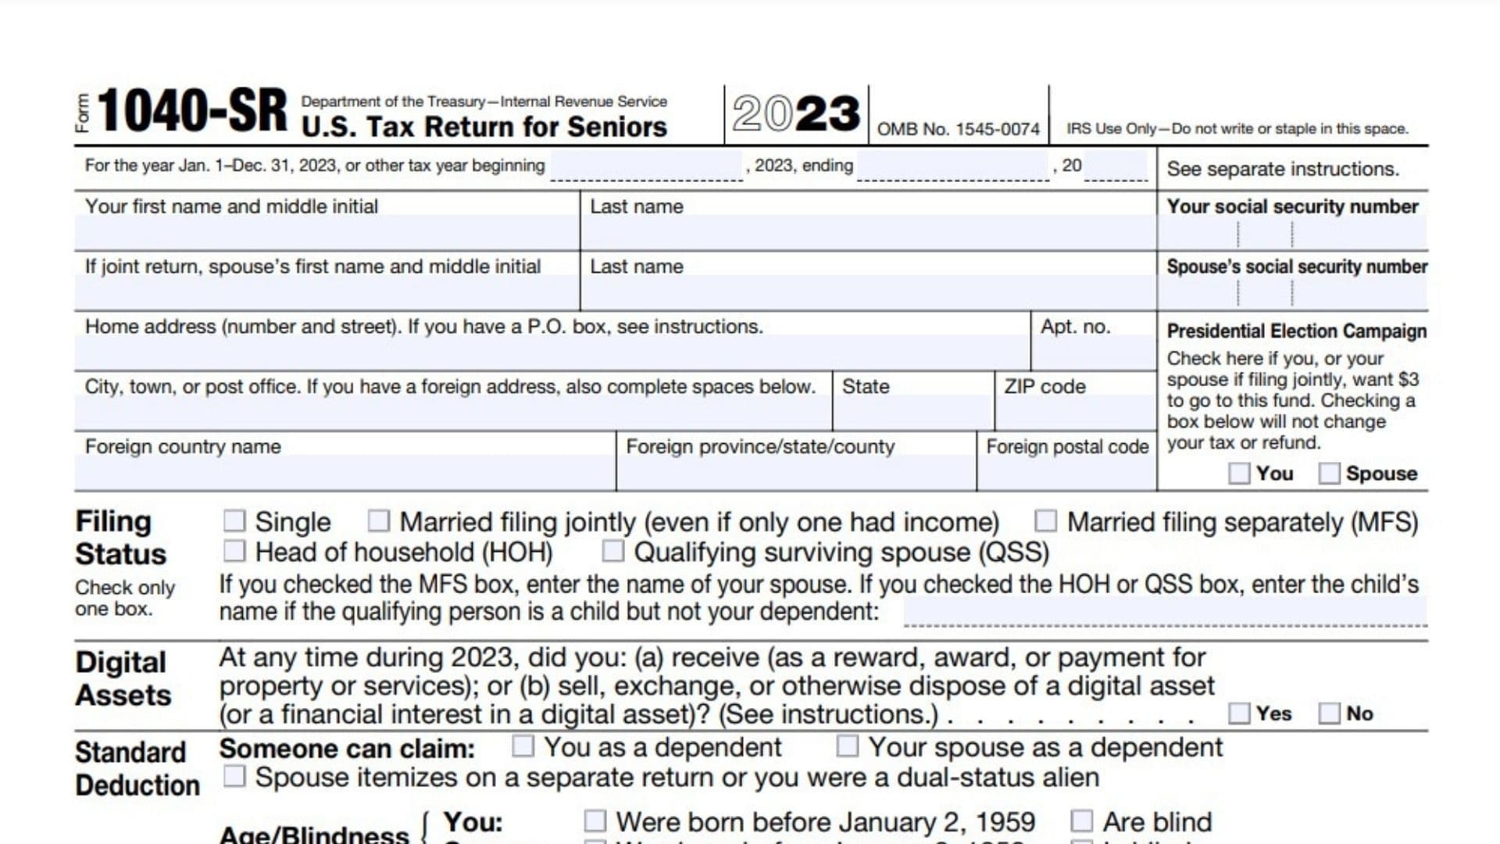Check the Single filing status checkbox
234,521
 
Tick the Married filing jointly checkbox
379,521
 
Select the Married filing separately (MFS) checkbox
1045,521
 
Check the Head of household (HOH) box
234,552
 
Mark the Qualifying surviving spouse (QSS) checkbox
613,552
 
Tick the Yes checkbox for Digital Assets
1239,713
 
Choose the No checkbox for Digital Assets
1329,713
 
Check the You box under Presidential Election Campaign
1239,474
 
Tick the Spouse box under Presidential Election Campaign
1329,474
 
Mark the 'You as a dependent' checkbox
523,747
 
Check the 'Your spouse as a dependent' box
848,747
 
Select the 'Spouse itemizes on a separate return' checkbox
234,777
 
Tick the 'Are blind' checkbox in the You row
1082,821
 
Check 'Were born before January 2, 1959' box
595,821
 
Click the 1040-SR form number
192,111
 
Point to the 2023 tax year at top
796,114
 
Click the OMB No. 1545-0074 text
959,129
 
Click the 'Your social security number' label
1292,206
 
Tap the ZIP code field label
1045,387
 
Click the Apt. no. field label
1075,327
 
